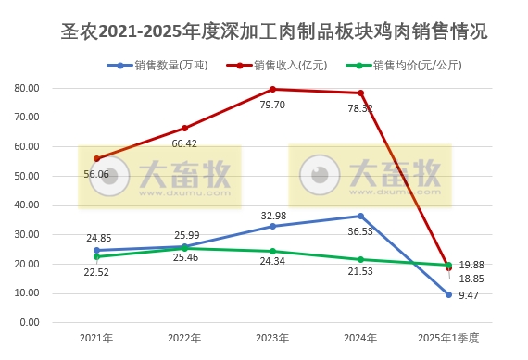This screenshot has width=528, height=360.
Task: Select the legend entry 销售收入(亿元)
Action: point(286,65)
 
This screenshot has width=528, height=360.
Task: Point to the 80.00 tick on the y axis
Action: point(26,88)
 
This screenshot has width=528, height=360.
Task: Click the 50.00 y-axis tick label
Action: point(26,176)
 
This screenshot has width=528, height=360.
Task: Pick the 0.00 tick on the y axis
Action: point(29,322)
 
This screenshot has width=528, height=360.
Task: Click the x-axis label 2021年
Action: point(96,340)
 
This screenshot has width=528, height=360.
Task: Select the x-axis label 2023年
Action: point(272,340)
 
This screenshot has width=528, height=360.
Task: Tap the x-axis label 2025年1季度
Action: point(448,340)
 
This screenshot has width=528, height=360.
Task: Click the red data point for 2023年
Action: point(272,89)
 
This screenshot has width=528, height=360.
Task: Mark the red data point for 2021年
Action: point(96,158)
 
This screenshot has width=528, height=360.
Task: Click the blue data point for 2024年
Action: point(360,216)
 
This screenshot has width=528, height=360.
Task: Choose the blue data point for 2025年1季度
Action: point(448,294)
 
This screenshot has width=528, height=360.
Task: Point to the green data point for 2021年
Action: point(96,256)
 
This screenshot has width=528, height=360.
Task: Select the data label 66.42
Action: point(184,143)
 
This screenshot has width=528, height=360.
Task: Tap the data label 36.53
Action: point(360,232)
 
